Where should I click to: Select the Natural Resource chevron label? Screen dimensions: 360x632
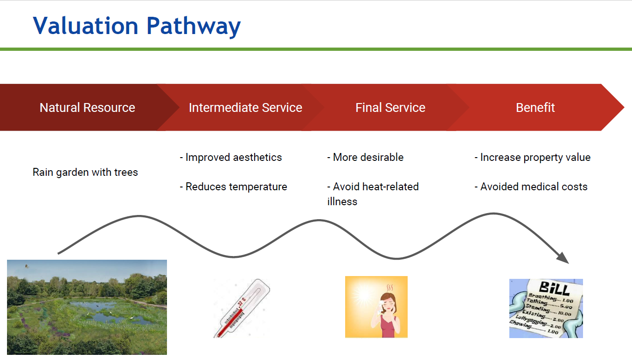pos(87,108)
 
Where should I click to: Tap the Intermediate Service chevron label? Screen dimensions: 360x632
pos(245,108)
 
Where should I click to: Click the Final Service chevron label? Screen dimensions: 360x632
pos(390,108)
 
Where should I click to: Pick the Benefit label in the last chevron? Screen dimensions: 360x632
pos(535,108)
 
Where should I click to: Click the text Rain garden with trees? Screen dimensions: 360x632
pos(85,173)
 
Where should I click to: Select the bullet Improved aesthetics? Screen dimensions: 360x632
pos(231,158)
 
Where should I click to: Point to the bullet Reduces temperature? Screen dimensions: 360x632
pos(234,187)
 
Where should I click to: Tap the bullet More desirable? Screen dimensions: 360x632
pos(366,158)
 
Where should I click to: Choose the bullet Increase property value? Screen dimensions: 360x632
pos(533,158)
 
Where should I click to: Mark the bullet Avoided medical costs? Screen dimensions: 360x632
pos(531,187)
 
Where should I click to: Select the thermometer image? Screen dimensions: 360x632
pos(242,308)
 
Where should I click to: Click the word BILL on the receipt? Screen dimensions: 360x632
pos(554,288)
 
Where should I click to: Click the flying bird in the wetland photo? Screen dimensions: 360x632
pos(27,266)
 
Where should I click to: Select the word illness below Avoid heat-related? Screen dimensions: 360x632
pos(342,202)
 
